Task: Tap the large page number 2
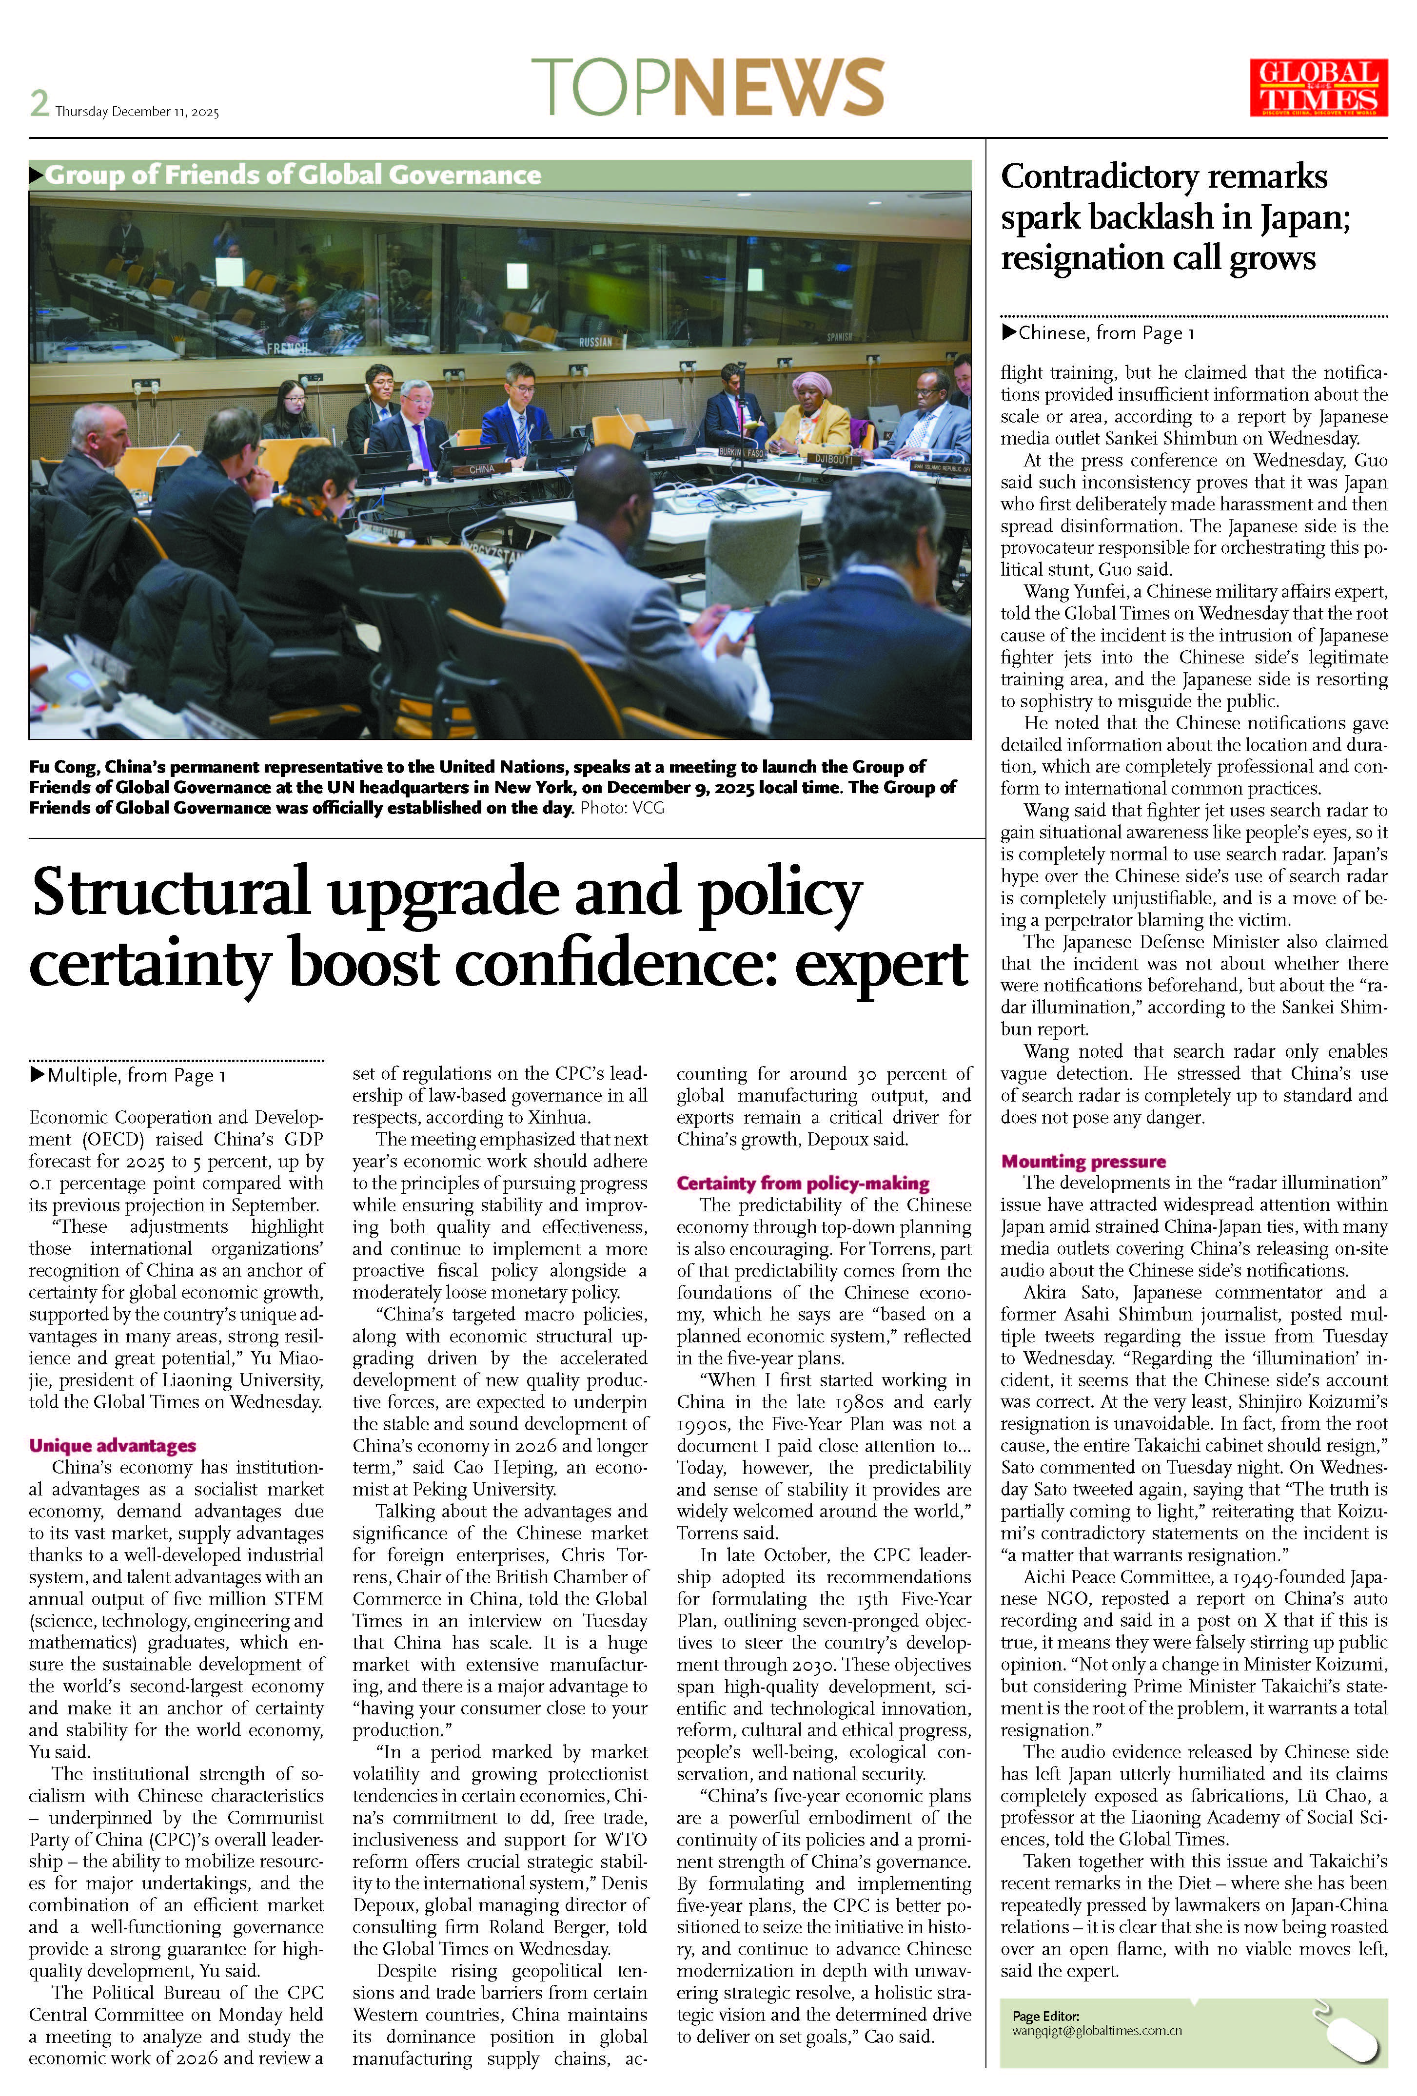point(39,104)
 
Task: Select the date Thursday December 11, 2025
point(137,112)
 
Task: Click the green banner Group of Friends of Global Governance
point(293,175)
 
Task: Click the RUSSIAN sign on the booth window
point(595,342)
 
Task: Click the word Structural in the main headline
point(171,893)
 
